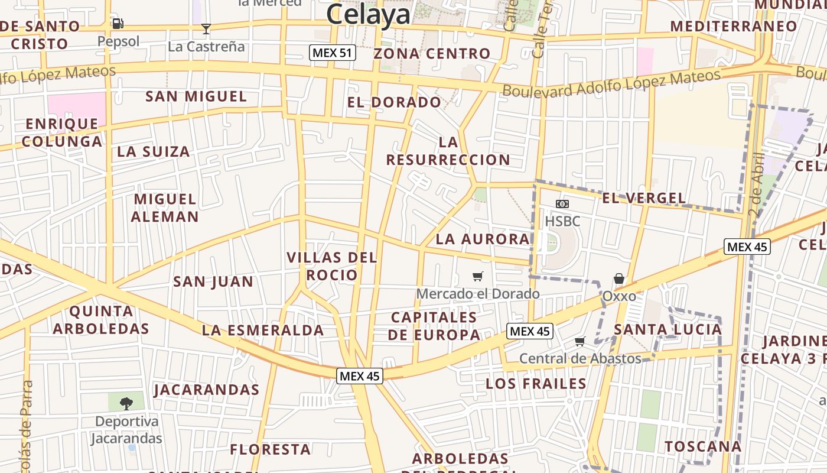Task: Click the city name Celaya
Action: [x=368, y=15]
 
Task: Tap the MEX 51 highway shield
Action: [x=333, y=53]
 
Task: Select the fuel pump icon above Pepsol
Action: [x=118, y=24]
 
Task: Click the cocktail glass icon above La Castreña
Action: [x=206, y=28]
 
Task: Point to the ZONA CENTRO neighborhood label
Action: [x=432, y=54]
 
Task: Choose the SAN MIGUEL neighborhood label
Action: [x=196, y=96]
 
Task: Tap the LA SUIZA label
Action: [x=154, y=151]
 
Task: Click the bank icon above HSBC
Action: [x=562, y=204]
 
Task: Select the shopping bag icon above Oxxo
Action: [x=619, y=278]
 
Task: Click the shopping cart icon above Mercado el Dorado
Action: [x=478, y=276]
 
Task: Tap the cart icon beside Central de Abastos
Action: [x=580, y=342]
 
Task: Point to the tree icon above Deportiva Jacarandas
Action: [x=126, y=404]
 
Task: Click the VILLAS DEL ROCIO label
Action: [x=331, y=266]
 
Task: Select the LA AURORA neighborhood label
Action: [x=483, y=239]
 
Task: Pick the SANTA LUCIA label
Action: [x=668, y=329]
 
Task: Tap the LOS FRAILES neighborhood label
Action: [x=536, y=384]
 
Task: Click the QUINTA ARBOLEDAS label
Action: [x=101, y=320]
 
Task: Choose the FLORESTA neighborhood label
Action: [x=271, y=449]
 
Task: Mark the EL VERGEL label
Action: [x=644, y=198]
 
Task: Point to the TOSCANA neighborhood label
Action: [x=703, y=446]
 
